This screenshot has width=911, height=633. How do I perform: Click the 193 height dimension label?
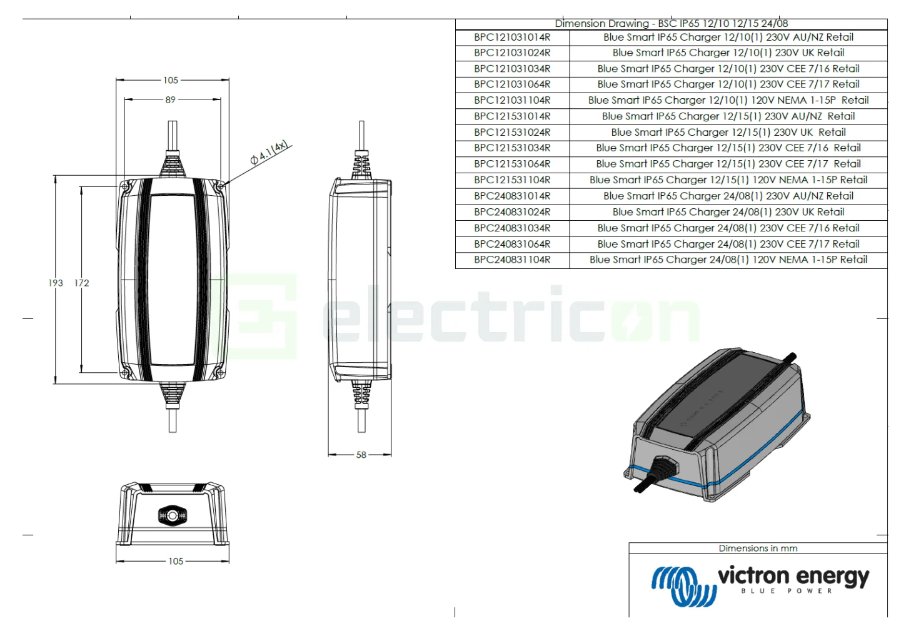coord(56,283)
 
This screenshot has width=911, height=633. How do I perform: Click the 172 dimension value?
coord(82,283)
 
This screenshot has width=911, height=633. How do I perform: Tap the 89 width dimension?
coord(170,99)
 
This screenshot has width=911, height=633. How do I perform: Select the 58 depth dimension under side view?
coord(361,455)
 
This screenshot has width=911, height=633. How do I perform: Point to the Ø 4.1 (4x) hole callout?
coord(269,153)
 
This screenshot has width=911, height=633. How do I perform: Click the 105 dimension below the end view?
coord(176,561)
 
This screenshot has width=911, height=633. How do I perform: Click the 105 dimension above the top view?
coord(171,80)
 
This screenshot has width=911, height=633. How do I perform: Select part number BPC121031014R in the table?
coord(512,38)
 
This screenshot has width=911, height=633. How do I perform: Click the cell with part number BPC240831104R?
coord(512,260)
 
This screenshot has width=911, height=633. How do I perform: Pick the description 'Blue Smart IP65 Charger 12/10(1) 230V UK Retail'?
coord(728,53)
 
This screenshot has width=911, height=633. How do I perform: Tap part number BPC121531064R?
coord(512,165)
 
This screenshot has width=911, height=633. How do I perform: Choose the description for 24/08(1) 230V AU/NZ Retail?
coord(728,196)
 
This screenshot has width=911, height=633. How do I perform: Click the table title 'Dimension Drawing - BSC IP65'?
coord(671,24)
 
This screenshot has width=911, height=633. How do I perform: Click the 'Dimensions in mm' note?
coord(758,549)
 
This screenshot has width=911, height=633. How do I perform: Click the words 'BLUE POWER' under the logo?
coord(787,591)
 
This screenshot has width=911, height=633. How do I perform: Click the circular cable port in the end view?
coord(171,515)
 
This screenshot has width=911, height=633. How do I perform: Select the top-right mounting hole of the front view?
coord(219,186)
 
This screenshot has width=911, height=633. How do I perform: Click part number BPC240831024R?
coord(512,212)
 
